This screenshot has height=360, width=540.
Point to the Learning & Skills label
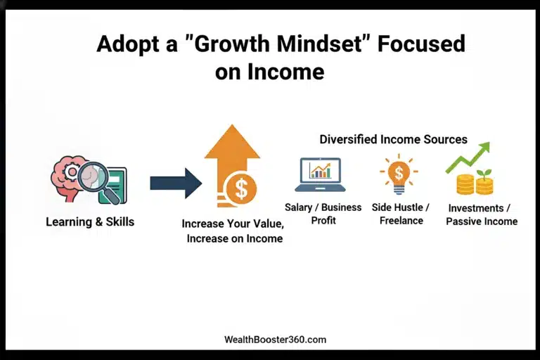pyautogui.click(x=90, y=222)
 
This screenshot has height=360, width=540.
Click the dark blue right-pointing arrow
pyautogui.click(x=175, y=184)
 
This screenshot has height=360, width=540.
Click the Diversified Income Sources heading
pyautogui.click(x=393, y=139)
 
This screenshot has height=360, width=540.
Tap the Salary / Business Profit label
pyautogui.click(x=323, y=214)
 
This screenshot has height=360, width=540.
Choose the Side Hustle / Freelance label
pyautogui.click(x=401, y=214)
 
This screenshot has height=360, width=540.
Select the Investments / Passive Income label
pyautogui.click(x=482, y=214)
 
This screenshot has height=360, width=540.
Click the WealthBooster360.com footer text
pyautogui.click(x=270, y=340)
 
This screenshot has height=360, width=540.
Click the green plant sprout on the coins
pyautogui.click(x=484, y=175)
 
